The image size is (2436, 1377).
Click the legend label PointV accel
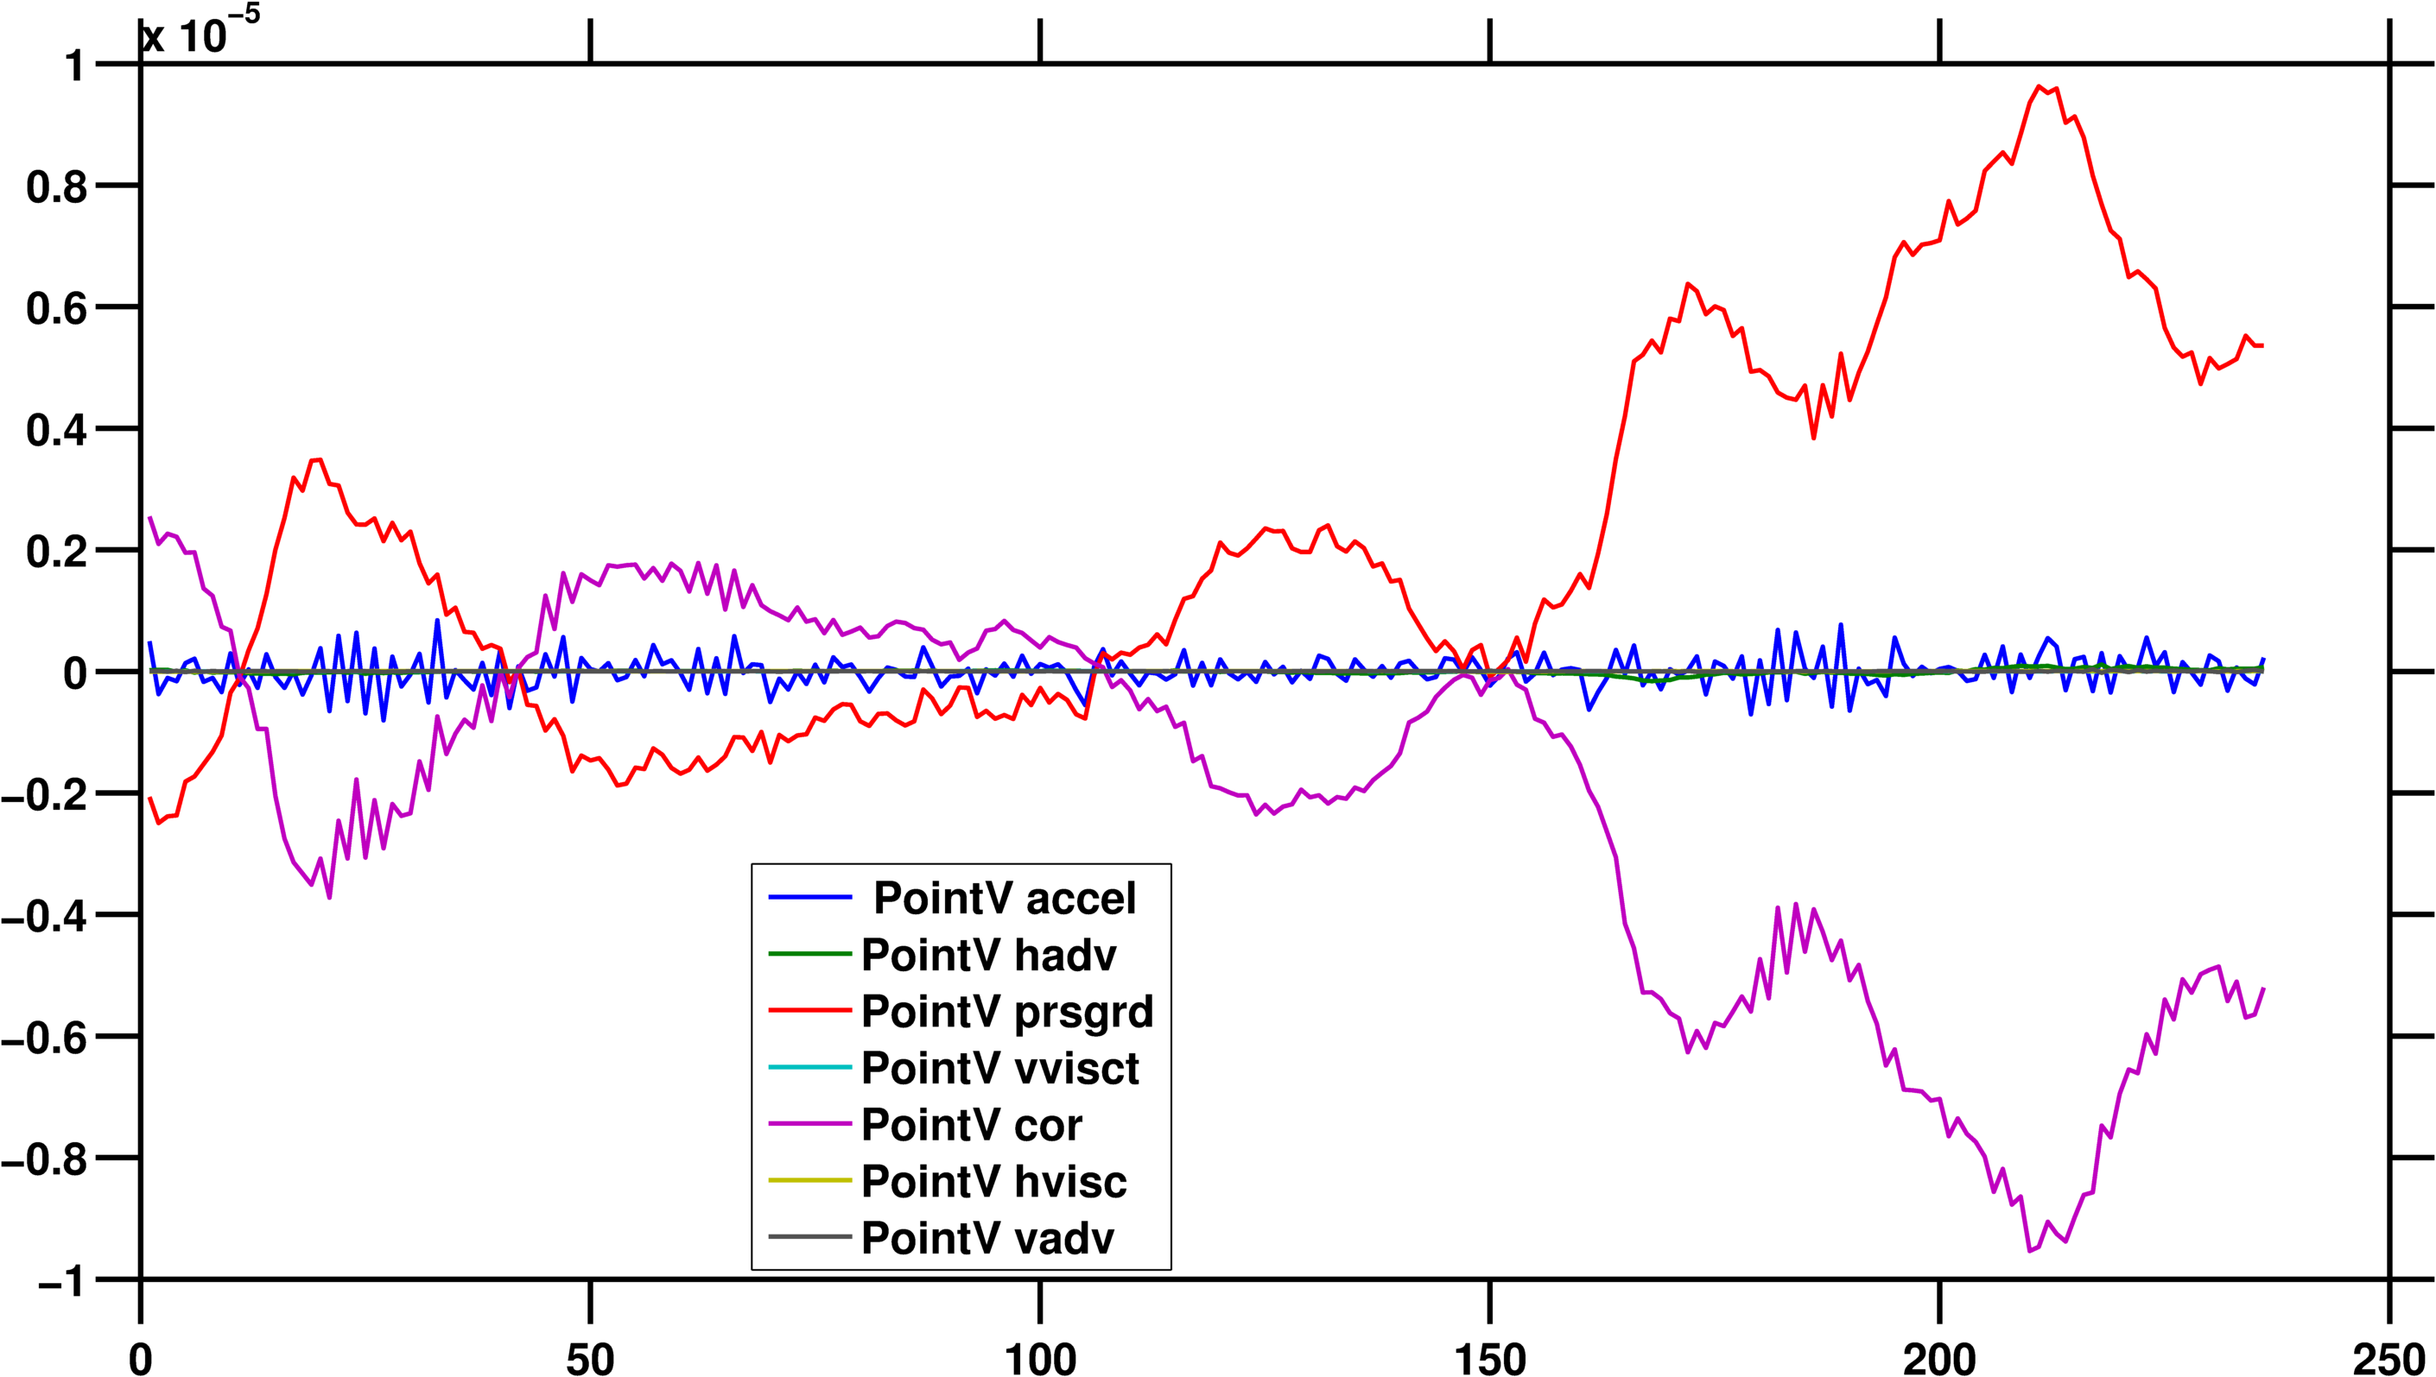click(1004, 899)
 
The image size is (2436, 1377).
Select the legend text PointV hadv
click(988, 955)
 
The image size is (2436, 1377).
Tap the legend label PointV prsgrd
click(1006, 1012)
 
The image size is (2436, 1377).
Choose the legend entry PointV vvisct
click(1000, 1069)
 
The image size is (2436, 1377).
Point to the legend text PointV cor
click(972, 1126)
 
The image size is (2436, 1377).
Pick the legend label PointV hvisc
click(993, 1182)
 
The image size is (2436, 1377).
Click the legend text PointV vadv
click(987, 1239)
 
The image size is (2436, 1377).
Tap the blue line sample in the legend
click(809, 898)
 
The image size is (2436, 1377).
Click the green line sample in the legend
click(809, 954)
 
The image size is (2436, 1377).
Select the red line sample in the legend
click(809, 1011)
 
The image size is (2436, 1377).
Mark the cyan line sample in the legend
click(809, 1068)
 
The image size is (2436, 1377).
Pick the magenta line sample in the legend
click(809, 1125)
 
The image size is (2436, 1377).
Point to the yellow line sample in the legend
click(809, 1180)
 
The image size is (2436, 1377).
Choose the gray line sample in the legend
click(809, 1237)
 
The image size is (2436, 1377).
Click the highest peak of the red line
click(2039, 86)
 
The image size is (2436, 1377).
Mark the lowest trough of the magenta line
click(2030, 1251)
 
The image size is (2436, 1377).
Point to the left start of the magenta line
click(149, 517)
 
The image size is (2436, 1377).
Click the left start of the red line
click(149, 799)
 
